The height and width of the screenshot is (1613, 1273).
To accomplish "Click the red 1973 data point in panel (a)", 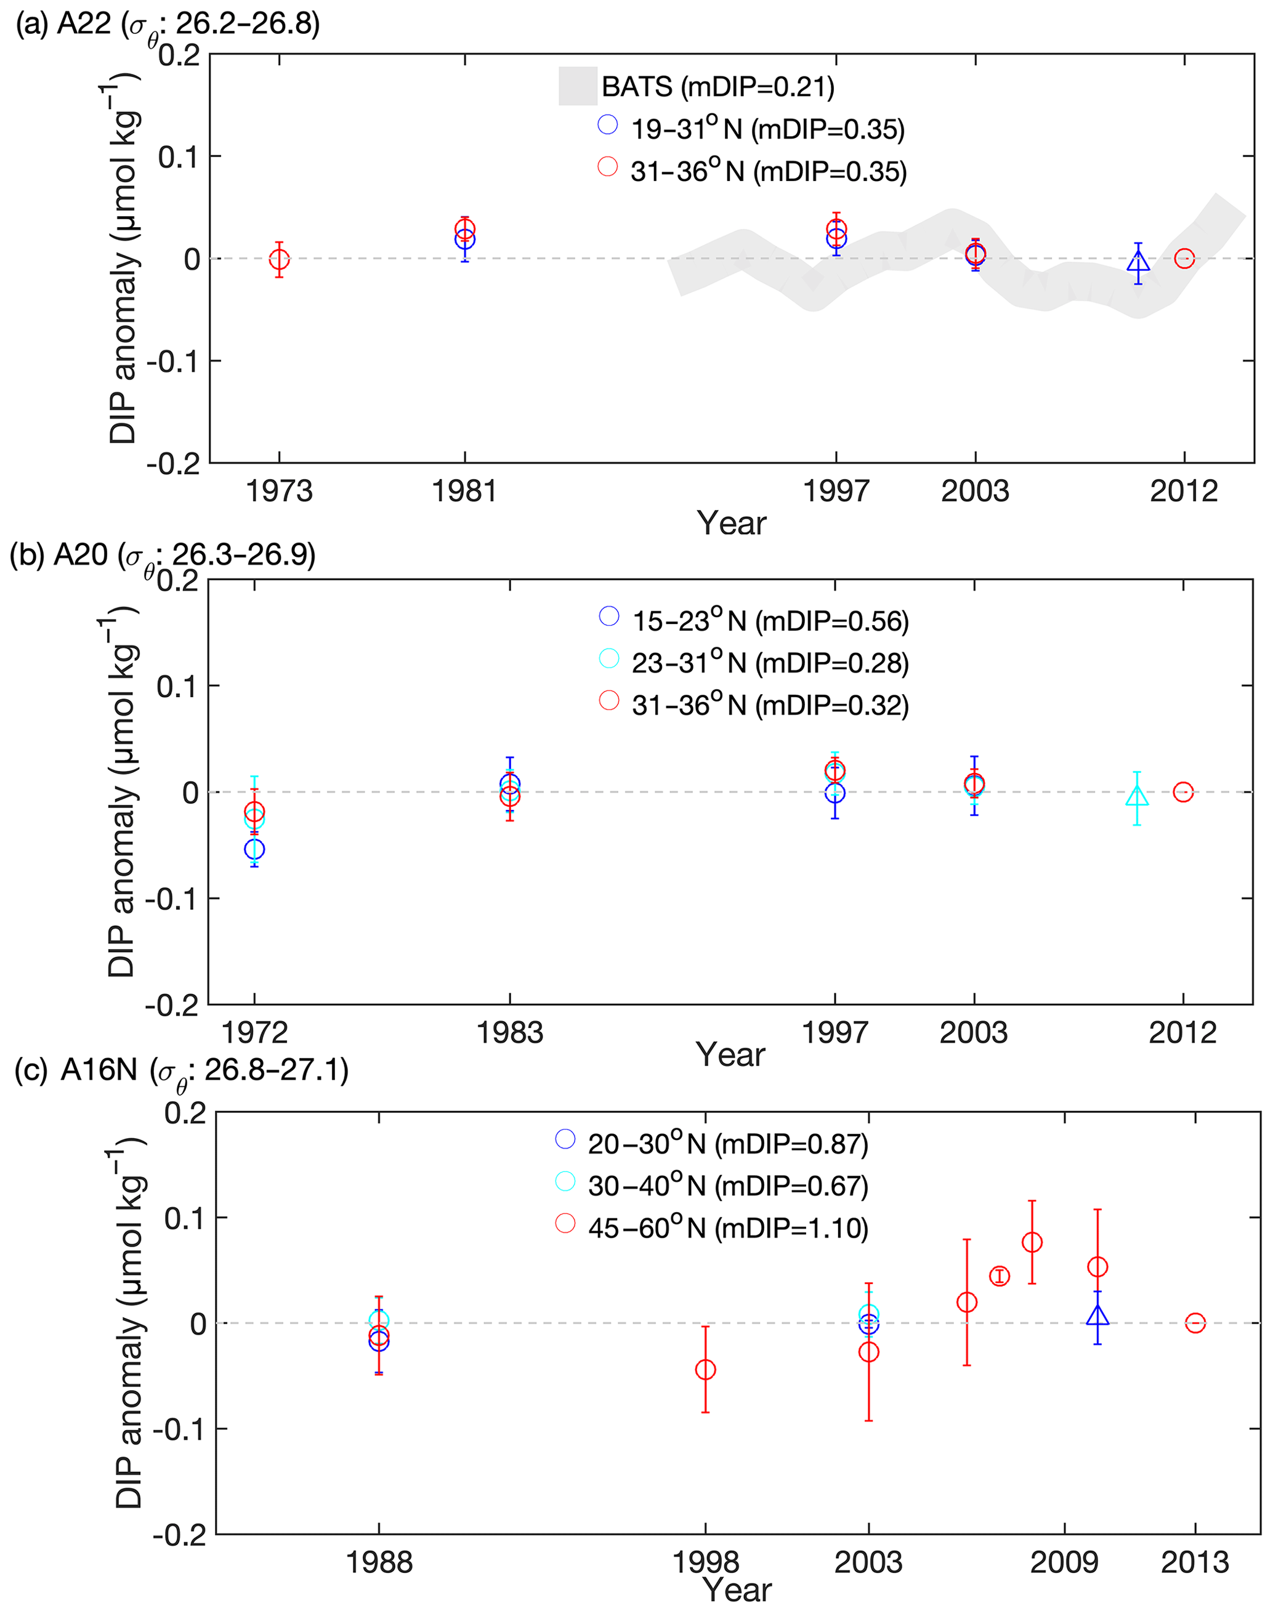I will [279, 259].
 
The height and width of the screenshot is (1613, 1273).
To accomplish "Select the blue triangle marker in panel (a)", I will [1138, 263].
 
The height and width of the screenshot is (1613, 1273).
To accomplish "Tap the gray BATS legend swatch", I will [578, 86].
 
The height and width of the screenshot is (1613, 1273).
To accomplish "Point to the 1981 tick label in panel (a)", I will [464, 491].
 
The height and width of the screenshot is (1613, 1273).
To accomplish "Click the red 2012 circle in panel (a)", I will [1184, 259].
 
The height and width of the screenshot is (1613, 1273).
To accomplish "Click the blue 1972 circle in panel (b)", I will [254, 849].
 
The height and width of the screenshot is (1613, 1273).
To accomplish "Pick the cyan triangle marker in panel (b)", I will [1137, 797].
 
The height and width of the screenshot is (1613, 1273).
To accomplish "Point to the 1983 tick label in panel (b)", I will [510, 1032].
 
